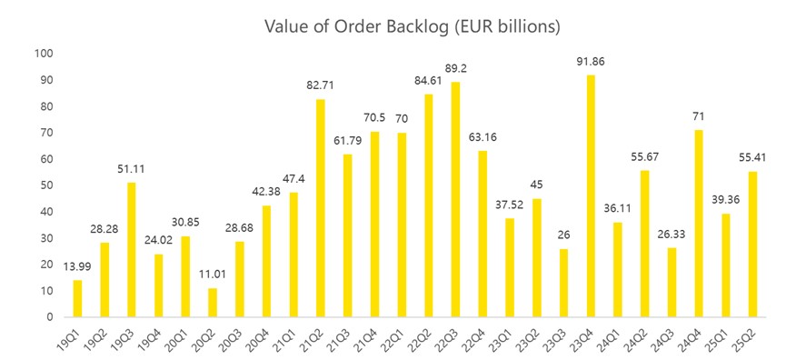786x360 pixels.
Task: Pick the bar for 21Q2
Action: tap(321, 208)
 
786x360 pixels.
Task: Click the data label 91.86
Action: tap(591, 63)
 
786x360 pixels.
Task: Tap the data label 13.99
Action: tap(77, 267)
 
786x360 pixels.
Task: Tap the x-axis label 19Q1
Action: tap(74, 337)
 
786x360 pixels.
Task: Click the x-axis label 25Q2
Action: tap(749, 337)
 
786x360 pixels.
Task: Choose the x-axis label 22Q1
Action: tap(398, 337)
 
